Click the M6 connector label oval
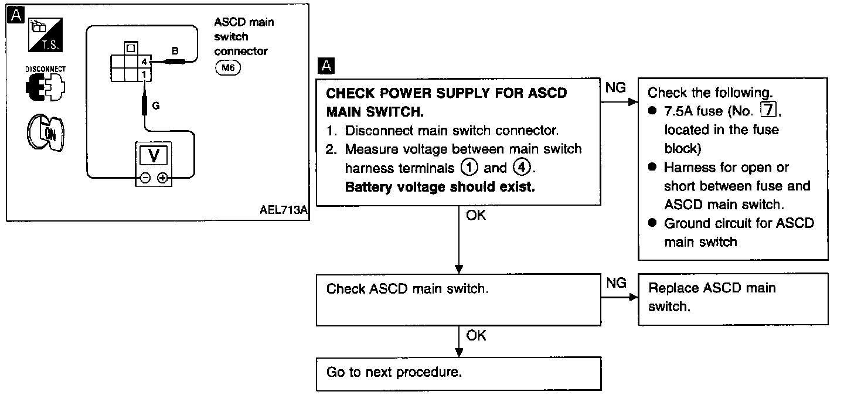coord(227,68)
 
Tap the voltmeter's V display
coord(154,155)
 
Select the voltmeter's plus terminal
coord(162,178)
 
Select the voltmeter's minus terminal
coord(145,178)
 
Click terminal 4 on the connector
coord(144,62)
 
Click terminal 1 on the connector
coord(144,74)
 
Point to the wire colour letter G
coord(156,106)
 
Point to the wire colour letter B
coord(175,51)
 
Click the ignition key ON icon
coord(46,133)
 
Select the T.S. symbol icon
coord(46,35)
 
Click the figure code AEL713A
coord(283,210)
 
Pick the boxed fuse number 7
coord(768,110)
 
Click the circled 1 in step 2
coord(469,168)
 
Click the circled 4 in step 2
coord(522,167)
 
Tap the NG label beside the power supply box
coord(615,87)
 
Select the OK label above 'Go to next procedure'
coord(476,335)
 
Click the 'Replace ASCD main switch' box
coord(733,299)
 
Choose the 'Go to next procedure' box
coord(458,373)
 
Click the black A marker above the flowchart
coord(326,66)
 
